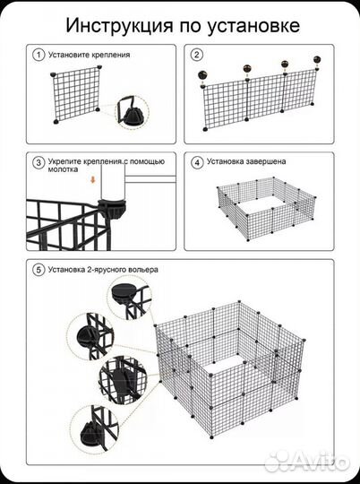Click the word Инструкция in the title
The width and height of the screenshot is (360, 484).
(x=119, y=26)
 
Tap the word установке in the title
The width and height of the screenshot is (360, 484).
(x=253, y=27)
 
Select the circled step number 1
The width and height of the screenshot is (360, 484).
(x=39, y=56)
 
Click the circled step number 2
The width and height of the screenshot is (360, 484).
(x=197, y=55)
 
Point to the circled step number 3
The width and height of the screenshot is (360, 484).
(x=39, y=162)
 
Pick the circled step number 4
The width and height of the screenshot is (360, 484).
(x=197, y=162)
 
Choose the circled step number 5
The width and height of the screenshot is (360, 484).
(x=39, y=270)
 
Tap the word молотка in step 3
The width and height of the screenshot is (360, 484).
(x=63, y=169)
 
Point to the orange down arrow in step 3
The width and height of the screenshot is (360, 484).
(x=92, y=179)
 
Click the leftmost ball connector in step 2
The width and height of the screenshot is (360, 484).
(x=202, y=74)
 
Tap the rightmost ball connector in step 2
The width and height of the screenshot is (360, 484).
(x=317, y=59)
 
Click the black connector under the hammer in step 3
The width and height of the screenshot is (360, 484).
(x=112, y=208)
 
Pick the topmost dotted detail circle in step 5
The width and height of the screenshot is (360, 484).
(x=130, y=298)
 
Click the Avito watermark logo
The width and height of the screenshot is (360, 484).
(x=307, y=460)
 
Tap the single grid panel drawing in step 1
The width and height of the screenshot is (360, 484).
(x=76, y=95)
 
